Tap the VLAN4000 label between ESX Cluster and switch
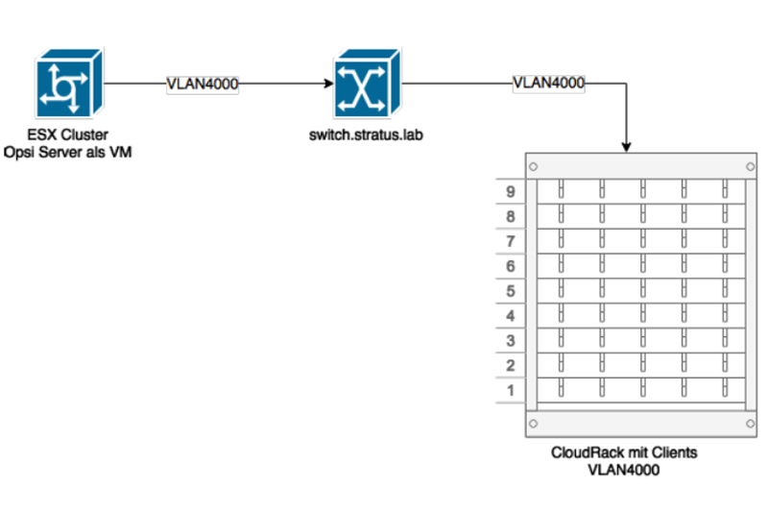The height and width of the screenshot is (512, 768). point(203,84)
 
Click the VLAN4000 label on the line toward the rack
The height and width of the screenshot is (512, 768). point(549,83)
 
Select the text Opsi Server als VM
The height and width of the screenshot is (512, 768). point(66,151)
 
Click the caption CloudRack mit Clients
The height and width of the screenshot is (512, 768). point(624,452)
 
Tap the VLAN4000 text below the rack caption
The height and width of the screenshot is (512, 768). point(624,470)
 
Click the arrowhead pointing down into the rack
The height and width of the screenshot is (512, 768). point(626,147)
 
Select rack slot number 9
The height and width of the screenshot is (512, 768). point(511,191)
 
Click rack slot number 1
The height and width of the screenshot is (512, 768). point(511,390)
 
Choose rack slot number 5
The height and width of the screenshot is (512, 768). point(511,290)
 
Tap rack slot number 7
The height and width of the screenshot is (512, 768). point(511,241)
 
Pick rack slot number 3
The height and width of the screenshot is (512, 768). point(511,340)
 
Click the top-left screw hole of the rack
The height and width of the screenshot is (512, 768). point(533,166)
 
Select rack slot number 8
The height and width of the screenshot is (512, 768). point(511,216)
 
